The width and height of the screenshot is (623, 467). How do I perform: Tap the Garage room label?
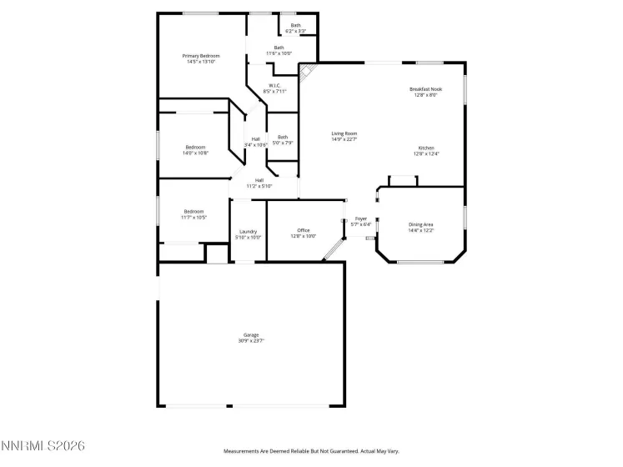pos(251,334)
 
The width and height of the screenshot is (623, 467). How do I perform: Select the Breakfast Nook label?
pos(425,89)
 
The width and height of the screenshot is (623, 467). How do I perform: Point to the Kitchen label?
pos(426,148)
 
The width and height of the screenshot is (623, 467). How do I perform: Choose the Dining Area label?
pos(420,224)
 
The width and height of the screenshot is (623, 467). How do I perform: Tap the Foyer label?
pos(361,218)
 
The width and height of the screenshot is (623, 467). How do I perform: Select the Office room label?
pos(303,230)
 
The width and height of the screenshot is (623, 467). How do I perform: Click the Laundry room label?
pos(248,232)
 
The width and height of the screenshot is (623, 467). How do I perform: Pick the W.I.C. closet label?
pos(274,85)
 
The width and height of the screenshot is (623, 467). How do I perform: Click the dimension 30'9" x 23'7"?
pos(251,340)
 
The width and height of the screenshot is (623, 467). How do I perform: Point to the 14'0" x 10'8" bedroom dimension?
pos(195,153)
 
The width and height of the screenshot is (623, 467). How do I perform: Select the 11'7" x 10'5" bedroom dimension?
pos(194,218)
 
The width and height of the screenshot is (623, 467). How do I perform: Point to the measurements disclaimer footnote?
pos(311,451)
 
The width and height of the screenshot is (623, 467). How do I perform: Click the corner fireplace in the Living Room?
pos(306,72)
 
